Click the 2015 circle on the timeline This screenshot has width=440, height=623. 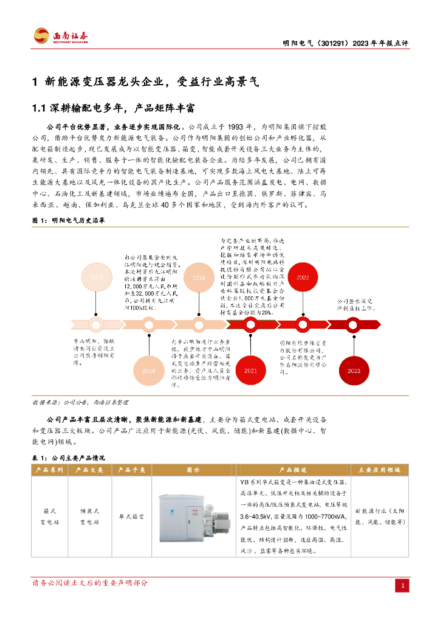point(96,277)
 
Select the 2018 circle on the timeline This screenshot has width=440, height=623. point(148,371)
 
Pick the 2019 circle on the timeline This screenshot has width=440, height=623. point(199,277)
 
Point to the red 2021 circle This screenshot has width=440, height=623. point(250,371)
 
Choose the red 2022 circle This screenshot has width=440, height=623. point(302,277)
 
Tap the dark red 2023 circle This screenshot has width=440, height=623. point(354,371)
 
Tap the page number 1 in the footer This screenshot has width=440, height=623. point(402,585)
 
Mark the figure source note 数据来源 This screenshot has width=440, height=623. point(45,403)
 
